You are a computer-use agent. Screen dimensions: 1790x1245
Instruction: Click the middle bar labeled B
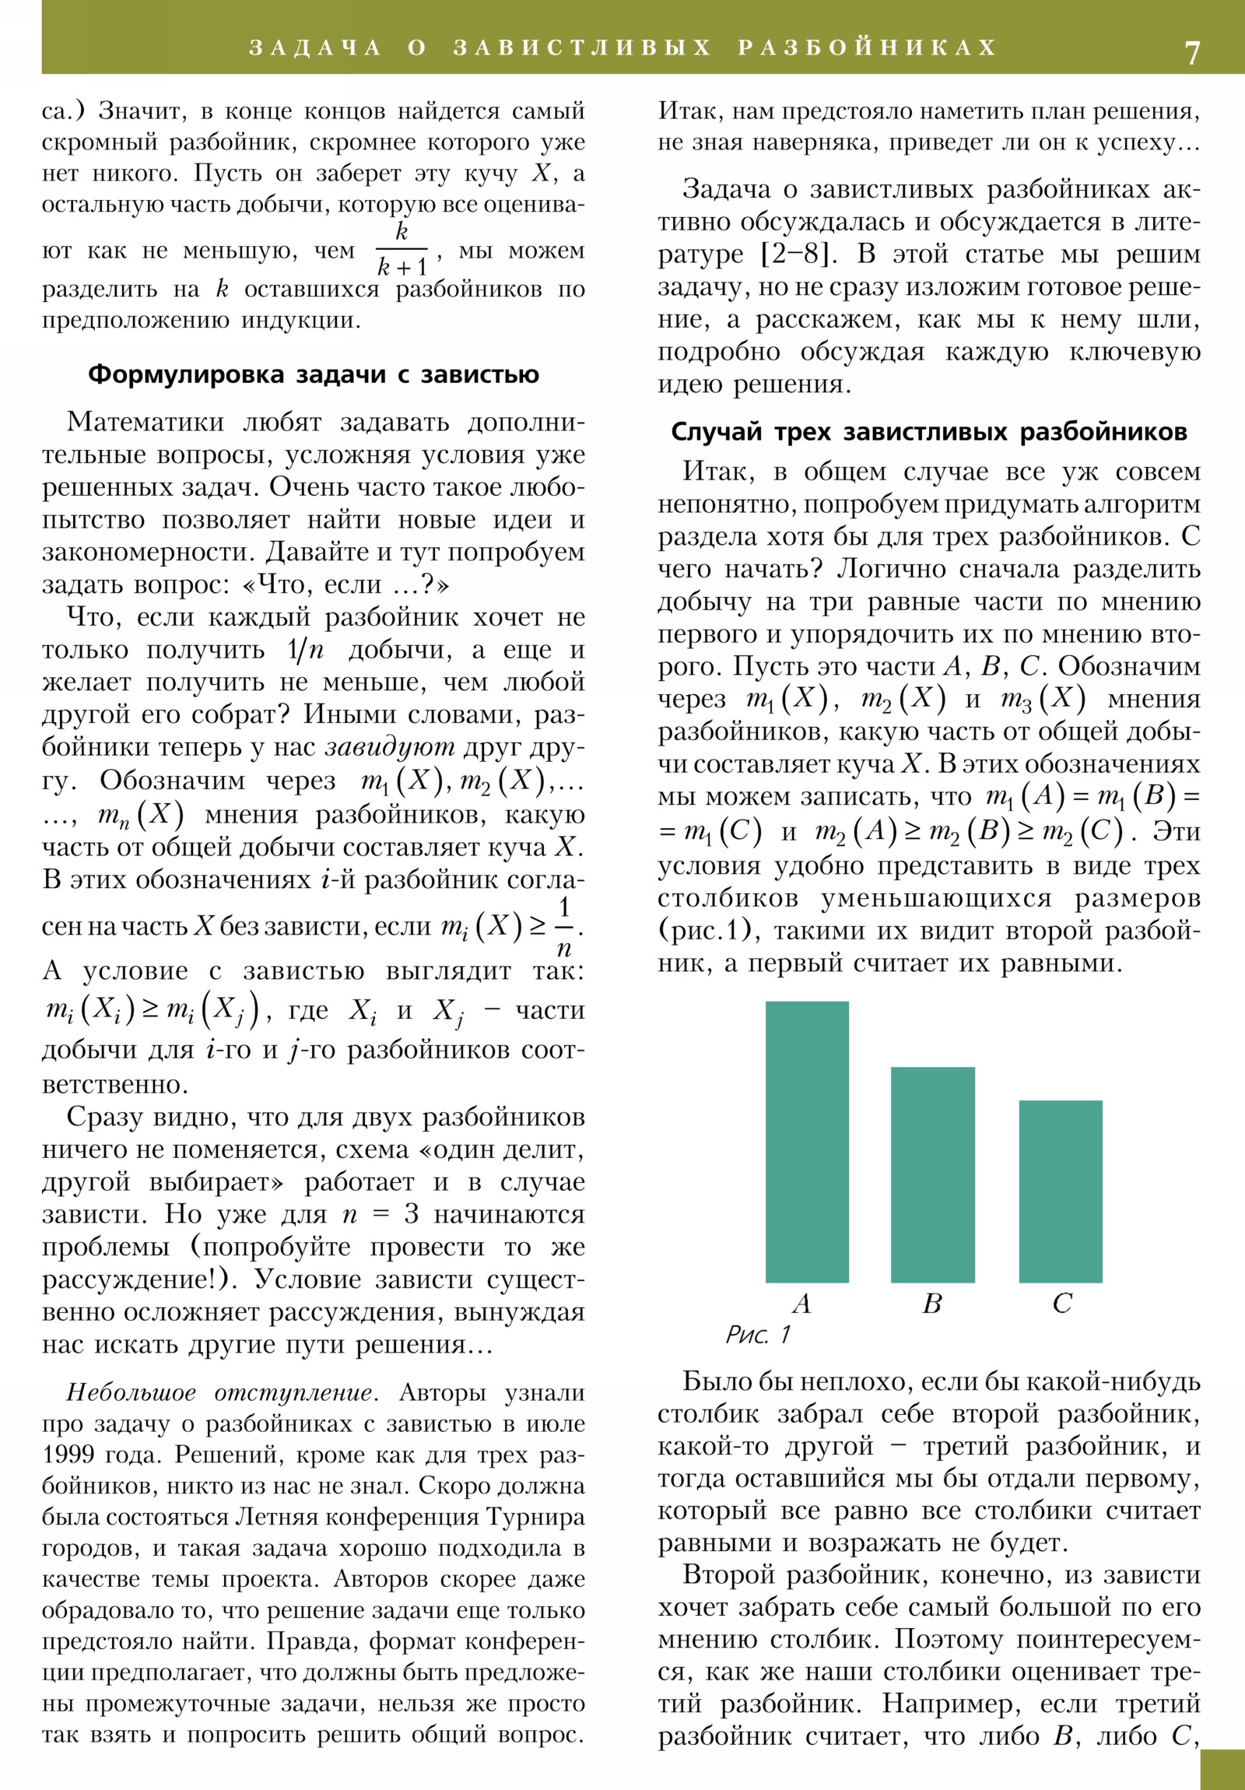tap(932, 1174)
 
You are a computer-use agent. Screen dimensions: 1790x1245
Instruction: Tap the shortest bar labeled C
tap(1061, 1192)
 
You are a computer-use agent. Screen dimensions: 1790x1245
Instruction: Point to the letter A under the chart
tap(802, 1303)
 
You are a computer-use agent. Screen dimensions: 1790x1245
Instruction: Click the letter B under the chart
tap(931, 1303)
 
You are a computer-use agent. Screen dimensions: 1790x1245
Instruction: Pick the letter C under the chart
tap(1062, 1303)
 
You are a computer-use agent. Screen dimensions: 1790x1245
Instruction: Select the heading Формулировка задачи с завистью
tap(314, 375)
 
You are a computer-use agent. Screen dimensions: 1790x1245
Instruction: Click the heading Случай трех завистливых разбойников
tap(928, 432)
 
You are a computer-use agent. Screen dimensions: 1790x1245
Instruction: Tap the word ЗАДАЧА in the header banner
tap(315, 48)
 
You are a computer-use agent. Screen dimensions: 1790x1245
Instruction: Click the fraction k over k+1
tap(402, 250)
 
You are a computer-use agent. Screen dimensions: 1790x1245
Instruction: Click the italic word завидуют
tap(390, 748)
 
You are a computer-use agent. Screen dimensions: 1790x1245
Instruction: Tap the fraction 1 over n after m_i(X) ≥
tap(563, 927)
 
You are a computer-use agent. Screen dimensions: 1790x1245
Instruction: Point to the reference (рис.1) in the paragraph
tap(706, 931)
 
